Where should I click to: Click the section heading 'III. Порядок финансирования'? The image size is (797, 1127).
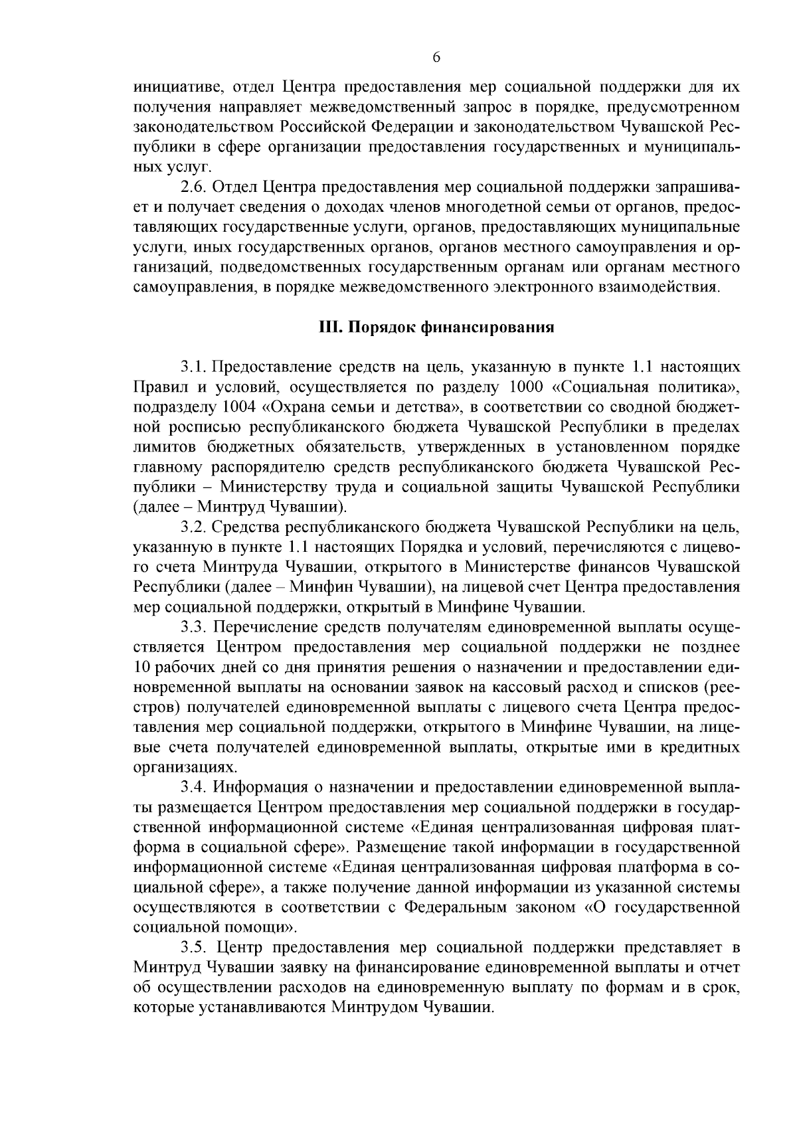pyautogui.click(x=436, y=327)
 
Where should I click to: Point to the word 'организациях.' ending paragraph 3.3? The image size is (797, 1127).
pyautogui.click(x=176, y=768)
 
